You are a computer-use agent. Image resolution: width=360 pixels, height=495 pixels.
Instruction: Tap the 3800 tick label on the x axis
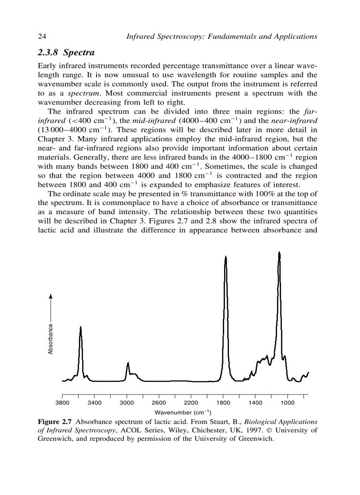pyautogui.click(x=62, y=402)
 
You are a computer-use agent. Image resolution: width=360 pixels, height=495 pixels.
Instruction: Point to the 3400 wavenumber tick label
pyautogui.click(x=94, y=402)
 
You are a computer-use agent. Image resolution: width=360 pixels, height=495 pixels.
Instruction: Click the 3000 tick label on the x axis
pyautogui.click(x=127, y=402)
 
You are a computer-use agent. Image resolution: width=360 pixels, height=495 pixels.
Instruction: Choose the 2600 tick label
pyautogui.click(x=159, y=402)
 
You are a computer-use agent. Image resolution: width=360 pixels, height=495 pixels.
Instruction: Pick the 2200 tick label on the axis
pyautogui.click(x=191, y=402)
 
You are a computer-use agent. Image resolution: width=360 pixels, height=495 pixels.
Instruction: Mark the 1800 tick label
pyautogui.click(x=223, y=402)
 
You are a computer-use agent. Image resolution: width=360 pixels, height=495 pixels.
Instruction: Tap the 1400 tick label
pyautogui.click(x=255, y=402)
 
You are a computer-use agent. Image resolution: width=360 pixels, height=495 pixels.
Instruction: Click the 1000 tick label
pyautogui.click(x=288, y=402)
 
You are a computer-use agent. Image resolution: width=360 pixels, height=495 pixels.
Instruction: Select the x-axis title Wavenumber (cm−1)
pyautogui.click(x=185, y=413)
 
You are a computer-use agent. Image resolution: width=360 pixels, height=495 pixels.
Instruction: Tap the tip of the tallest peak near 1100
pyautogui.click(x=279, y=252)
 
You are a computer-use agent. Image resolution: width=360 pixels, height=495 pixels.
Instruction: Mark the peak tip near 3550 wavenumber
pyautogui.click(x=81, y=327)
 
